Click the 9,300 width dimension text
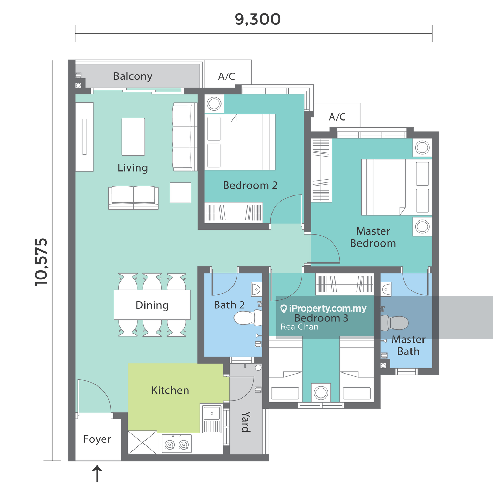(258, 20)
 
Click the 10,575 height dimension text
(41, 262)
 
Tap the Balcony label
(133, 76)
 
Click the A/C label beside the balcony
(226, 76)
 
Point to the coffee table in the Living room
(133, 137)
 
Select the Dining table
(152, 305)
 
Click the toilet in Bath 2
(248, 318)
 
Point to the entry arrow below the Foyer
(97, 473)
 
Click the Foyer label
(97, 439)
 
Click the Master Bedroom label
(373, 237)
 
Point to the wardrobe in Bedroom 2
(233, 213)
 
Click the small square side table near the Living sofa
(181, 193)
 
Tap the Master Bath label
(408, 345)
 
